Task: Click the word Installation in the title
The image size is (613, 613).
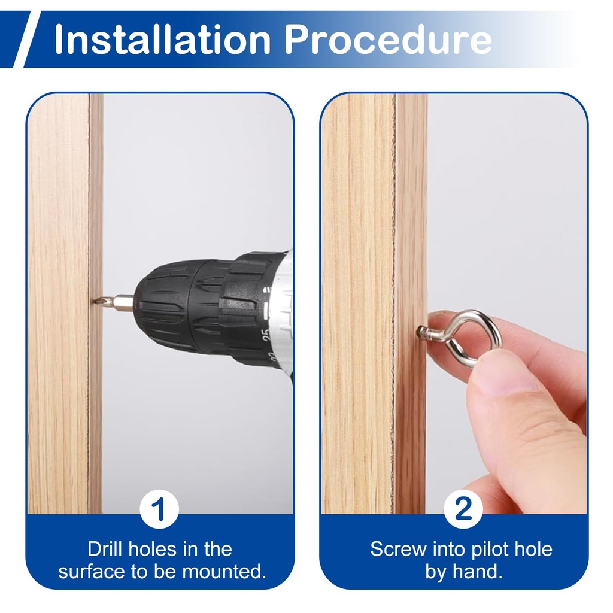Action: point(162,39)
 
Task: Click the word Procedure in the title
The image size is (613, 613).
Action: point(387,39)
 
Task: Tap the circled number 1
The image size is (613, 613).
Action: point(159,509)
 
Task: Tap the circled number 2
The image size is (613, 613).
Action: point(463,509)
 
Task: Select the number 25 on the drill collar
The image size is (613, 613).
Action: point(266,335)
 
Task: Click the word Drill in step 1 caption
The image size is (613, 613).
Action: point(104,549)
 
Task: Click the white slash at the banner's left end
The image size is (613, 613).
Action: point(27,39)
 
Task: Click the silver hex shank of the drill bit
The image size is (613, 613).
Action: point(117,302)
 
